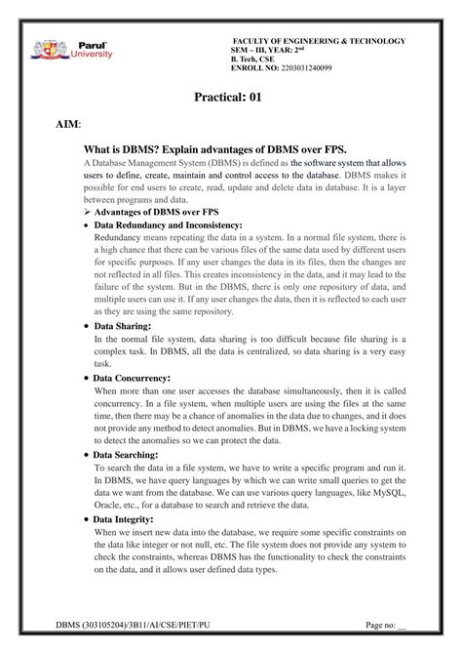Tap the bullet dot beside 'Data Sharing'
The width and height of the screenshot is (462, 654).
(89, 325)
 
